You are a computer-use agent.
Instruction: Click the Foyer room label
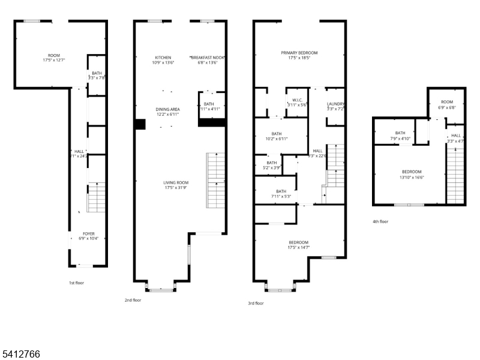click(89, 233)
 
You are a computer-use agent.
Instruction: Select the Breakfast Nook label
click(208, 57)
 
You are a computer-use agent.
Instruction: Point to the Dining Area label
click(168, 109)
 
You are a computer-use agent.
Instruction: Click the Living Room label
click(176, 182)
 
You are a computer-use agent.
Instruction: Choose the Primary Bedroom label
click(299, 53)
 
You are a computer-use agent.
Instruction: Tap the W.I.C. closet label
click(297, 100)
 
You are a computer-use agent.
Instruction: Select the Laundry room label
click(335, 104)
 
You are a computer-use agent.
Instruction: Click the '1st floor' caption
click(76, 282)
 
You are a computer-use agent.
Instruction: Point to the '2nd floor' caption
click(133, 300)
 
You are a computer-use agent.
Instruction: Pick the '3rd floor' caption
click(256, 303)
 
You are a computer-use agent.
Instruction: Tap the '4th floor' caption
click(380, 221)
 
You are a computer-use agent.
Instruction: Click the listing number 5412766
click(20, 355)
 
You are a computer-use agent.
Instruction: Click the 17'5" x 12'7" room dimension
click(54, 61)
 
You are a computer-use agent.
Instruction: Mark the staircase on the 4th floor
click(457, 177)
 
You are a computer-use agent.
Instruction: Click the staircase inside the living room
click(216, 181)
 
